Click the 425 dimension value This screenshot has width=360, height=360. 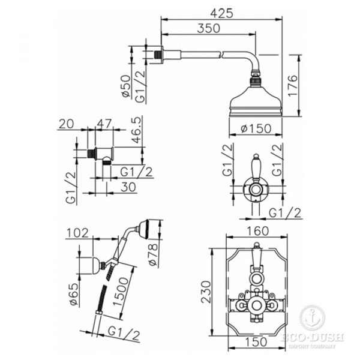pyautogui.click(x=221, y=13)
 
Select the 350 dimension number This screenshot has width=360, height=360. pyautogui.click(x=208, y=28)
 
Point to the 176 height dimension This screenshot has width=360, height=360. pyautogui.click(x=293, y=86)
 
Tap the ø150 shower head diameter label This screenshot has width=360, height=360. pyautogui.click(x=256, y=128)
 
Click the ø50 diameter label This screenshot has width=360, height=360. pyautogui.click(x=127, y=86)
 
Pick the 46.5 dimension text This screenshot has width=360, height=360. pyautogui.click(x=137, y=130)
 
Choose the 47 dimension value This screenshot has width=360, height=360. pyautogui.click(x=104, y=124)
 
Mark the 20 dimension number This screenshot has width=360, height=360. pyautogui.click(x=67, y=124)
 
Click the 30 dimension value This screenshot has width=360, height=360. pyautogui.click(x=128, y=187)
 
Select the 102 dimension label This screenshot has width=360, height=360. pyautogui.click(x=77, y=233)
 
